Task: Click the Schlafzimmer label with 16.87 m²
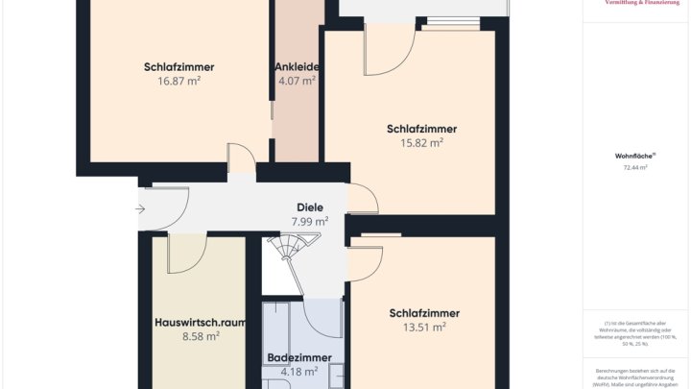[179, 67]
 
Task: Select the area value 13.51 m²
[423, 328]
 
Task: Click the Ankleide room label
[297, 67]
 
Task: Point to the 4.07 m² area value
[297, 82]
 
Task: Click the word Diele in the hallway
[309, 207]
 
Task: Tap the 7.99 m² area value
[309, 222]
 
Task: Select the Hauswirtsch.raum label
[201, 323]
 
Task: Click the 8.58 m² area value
[201, 337]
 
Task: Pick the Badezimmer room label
[298, 357]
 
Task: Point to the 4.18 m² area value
[298, 372]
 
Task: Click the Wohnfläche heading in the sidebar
[634, 155]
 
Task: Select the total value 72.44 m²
[634, 167]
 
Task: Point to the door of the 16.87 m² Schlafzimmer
[240, 160]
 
